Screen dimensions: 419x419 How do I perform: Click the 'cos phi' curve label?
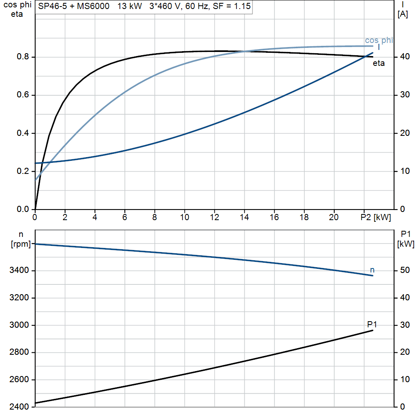(x=379, y=40)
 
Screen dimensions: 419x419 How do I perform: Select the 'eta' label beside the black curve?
(x=378, y=63)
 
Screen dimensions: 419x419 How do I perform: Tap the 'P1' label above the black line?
(x=372, y=324)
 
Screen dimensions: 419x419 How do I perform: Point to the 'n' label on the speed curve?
(x=372, y=270)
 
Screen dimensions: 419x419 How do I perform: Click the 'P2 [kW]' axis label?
(x=376, y=218)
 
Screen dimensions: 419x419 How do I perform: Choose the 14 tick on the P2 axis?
(x=244, y=218)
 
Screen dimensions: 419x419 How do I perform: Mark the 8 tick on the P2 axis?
(x=155, y=218)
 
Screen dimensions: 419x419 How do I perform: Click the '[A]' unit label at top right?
(x=403, y=14)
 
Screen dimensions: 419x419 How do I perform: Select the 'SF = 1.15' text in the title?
(x=232, y=7)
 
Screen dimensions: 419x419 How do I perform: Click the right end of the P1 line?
(x=373, y=330)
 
